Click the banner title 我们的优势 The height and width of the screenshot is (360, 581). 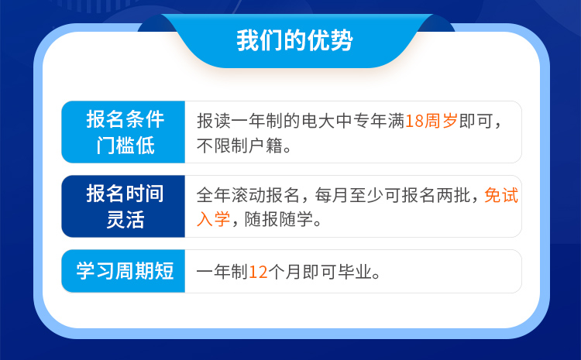294,40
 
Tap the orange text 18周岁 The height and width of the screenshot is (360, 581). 431,121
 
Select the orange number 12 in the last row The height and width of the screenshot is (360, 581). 258,272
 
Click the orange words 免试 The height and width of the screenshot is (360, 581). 501,195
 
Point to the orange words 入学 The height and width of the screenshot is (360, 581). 214,219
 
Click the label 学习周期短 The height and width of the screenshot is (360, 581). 125,271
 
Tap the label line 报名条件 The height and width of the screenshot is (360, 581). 125,119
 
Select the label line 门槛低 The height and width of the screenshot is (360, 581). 125,145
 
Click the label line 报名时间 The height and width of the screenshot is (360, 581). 125,194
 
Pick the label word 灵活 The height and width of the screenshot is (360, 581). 125,219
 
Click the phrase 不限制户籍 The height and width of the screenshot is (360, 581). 239,146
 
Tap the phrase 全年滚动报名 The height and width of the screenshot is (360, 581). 248,195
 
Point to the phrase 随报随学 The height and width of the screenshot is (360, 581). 279,219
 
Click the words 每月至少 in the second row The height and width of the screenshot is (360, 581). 349,195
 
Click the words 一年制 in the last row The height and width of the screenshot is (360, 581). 222,272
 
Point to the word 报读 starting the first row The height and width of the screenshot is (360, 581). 214,121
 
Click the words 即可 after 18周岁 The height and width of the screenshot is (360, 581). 476,121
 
